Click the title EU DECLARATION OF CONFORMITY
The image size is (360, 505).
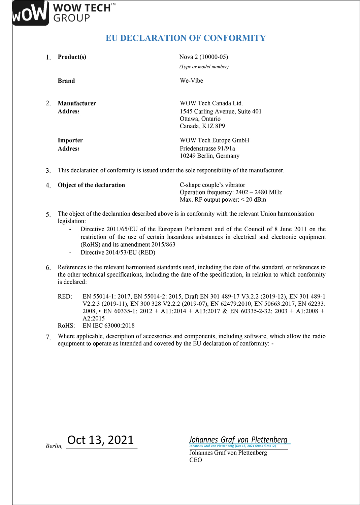click(186, 38)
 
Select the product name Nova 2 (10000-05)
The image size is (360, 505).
click(203, 57)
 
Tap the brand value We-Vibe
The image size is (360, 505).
click(191, 81)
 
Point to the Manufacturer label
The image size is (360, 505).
click(77, 103)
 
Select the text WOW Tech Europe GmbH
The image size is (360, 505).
click(215, 140)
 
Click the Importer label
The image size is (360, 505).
click(70, 140)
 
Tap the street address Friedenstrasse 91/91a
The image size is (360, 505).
click(207, 148)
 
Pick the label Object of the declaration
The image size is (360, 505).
click(91, 185)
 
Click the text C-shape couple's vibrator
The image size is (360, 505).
click(212, 185)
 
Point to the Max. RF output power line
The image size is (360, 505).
click(223, 200)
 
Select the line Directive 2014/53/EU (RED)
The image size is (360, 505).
click(118, 252)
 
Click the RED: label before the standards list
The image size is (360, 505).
click(65, 297)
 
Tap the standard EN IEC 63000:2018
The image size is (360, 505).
click(108, 326)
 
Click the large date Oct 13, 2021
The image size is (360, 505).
click(101, 440)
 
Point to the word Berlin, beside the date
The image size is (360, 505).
click(54, 446)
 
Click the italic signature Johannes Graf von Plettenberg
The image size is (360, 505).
click(238, 440)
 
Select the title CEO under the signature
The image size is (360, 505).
click(196, 460)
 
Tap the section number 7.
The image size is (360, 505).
click(48, 337)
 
